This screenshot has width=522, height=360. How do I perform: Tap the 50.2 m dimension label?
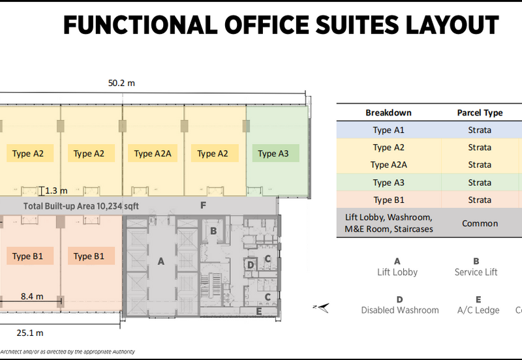pos(122,83)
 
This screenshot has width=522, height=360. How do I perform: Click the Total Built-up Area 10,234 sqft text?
pos(81,206)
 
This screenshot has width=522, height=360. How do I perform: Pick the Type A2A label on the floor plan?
pos(153,154)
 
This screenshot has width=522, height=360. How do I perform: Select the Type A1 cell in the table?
pos(388,130)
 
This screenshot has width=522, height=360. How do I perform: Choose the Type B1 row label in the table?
pos(388,200)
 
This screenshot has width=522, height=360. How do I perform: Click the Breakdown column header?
pos(388,112)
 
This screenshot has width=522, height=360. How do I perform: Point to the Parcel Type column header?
pos(480,112)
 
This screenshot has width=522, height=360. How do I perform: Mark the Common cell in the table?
pos(480,223)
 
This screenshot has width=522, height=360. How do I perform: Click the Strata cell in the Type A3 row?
pos(480,183)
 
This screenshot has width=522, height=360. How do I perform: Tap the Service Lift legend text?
pos(476,272)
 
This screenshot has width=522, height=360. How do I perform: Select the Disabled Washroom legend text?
pos(400,310)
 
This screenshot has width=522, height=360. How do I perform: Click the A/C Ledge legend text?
pos(478,310)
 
